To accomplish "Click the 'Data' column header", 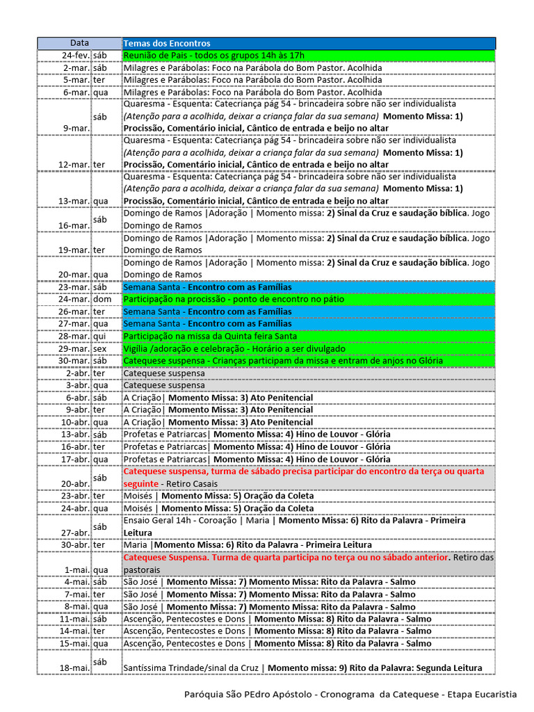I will point(79,43).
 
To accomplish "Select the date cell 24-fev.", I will point(76,56).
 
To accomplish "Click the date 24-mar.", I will point(75,300).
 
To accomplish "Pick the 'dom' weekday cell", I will point(102,300).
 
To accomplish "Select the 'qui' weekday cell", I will point(100,337).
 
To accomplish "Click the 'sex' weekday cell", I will point(101,348).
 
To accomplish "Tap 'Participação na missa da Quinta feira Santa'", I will point(210,337).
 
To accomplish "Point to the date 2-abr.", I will point(77,373).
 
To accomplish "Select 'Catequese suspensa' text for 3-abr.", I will point(164,385).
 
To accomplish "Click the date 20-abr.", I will point(75,483).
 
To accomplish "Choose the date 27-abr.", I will point(75,533).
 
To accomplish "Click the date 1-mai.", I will point(78,569).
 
